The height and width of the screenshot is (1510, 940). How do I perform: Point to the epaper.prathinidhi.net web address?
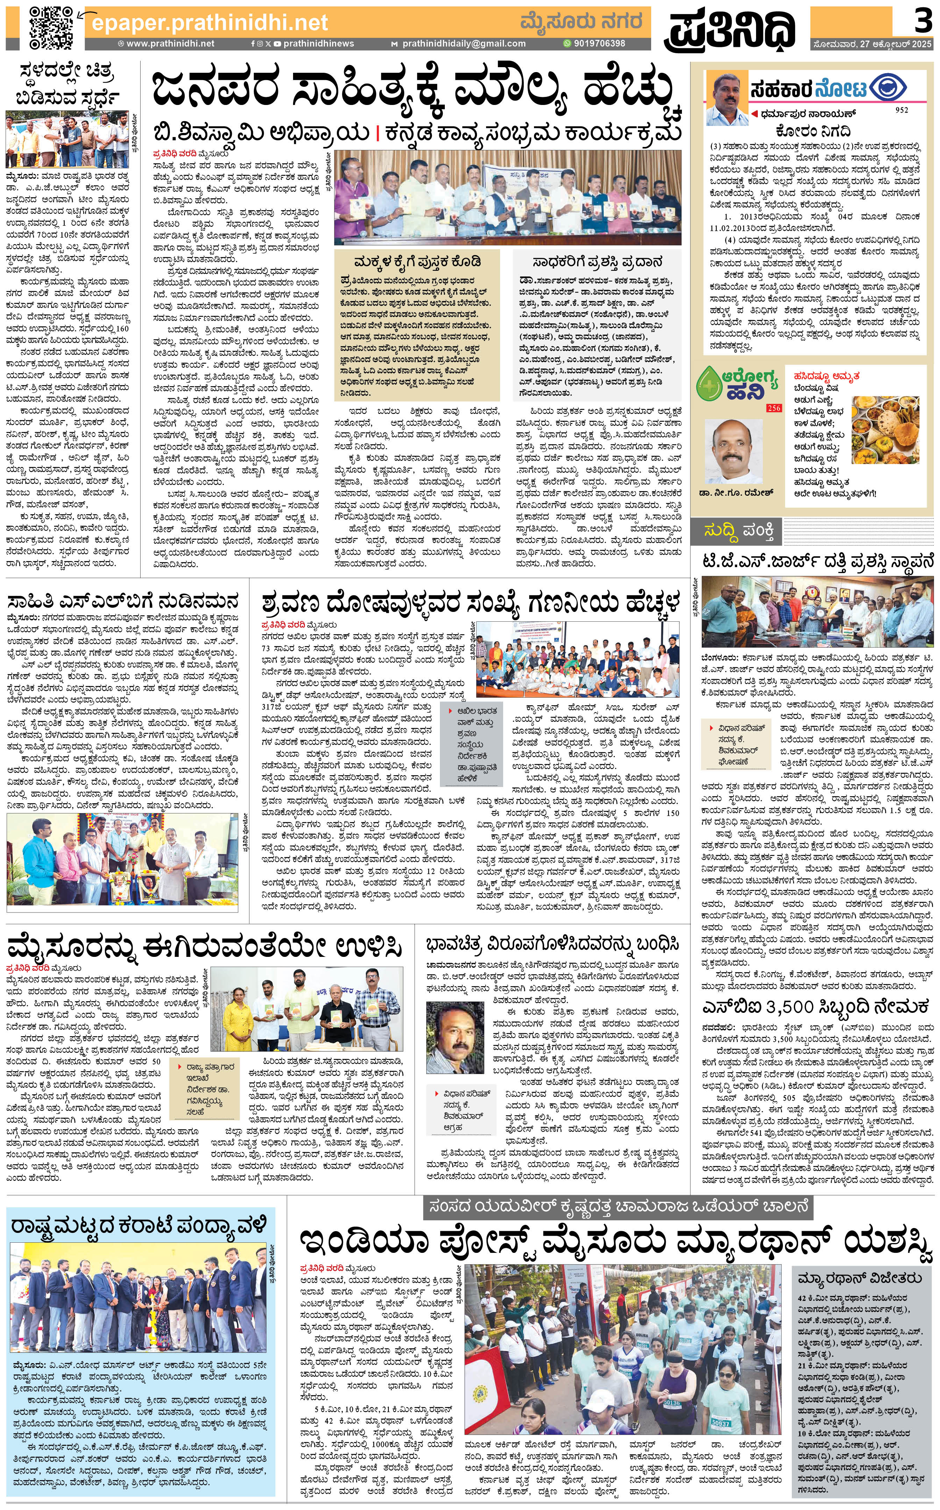click(209, 23)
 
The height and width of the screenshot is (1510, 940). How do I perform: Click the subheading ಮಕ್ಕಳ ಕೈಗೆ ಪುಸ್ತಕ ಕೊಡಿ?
click(417, 261)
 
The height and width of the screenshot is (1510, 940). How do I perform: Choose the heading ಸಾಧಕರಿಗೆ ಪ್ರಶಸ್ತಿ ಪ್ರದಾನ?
click(597, 262)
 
